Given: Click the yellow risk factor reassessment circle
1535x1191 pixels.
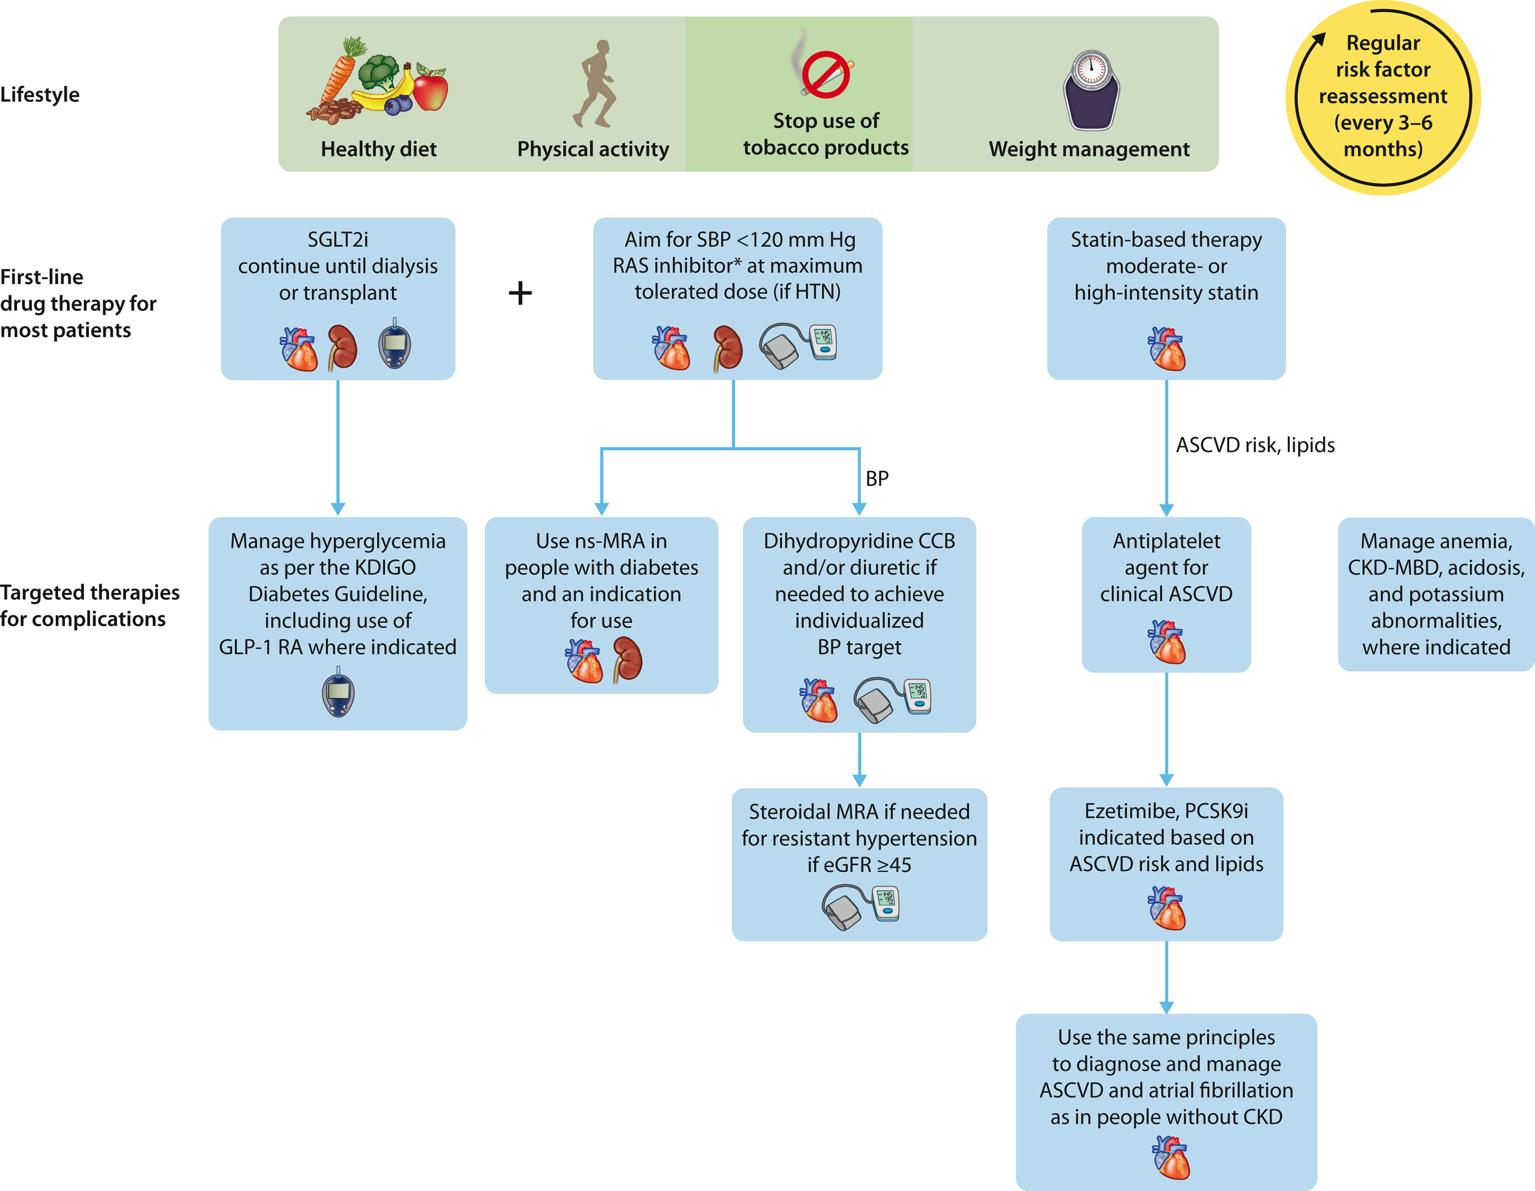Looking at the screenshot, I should coord(1383,97).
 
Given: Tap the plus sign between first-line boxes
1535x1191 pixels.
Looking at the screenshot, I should coord(520,293).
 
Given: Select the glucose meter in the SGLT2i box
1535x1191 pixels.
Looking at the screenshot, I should coord(394,344).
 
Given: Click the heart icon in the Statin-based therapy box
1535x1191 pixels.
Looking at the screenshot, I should coord(1167,349).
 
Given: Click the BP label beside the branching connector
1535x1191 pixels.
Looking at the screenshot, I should coord(877,478).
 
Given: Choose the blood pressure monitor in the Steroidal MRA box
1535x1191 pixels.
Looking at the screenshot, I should coord(861,906).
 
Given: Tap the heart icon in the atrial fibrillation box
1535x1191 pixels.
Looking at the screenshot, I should coord(1171,1157).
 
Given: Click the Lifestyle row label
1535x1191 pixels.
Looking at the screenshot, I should coord(40,95).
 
